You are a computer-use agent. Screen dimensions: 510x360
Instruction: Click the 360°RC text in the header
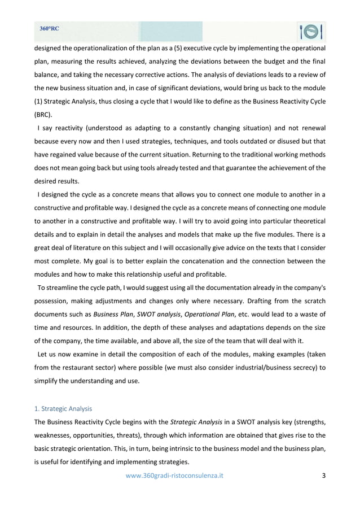tap(50, 28)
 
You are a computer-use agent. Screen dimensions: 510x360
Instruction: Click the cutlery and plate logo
tap(311, 33)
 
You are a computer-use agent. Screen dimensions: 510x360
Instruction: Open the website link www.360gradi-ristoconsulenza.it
tap(174, 476)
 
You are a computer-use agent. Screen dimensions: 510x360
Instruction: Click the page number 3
tap(323, 476)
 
